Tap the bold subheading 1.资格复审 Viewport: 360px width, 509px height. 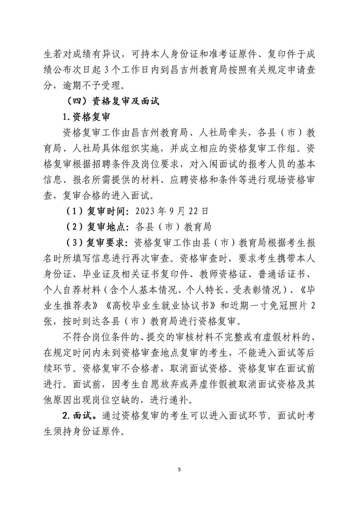point(87,117)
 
